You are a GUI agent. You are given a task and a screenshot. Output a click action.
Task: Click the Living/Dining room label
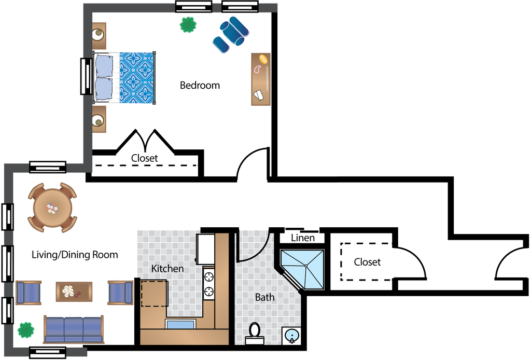pos(60,255)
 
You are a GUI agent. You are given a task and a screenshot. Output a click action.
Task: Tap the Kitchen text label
pos(167,269)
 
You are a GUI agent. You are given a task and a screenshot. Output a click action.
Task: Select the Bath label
pos(264,298)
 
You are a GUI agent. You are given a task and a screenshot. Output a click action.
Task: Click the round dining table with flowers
pos(52,208)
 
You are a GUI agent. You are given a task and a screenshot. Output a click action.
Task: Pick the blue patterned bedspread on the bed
pos(137,78)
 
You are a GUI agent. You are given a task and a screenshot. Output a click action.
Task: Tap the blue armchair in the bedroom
pos(230,34)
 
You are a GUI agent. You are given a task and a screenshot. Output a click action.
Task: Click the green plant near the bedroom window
pos(188,24)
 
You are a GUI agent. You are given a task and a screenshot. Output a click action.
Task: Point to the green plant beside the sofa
pos(25,329)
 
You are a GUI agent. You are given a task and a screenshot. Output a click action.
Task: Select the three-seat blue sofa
pos(73,329)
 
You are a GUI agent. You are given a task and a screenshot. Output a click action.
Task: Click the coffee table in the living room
pos(74,292)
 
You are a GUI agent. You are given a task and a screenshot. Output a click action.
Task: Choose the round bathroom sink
pos(292,336)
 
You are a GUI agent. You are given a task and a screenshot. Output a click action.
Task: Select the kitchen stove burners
pos(209,283)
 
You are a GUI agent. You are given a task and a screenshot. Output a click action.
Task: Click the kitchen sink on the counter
pos(180,324)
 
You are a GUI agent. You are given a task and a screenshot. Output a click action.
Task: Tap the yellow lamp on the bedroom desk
pos(263,58)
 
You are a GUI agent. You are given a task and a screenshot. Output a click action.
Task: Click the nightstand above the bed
pos(99,35)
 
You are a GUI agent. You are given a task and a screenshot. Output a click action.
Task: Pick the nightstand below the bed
pos(99,120)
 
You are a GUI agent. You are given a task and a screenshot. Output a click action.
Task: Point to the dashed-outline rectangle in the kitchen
pos(153,293)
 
